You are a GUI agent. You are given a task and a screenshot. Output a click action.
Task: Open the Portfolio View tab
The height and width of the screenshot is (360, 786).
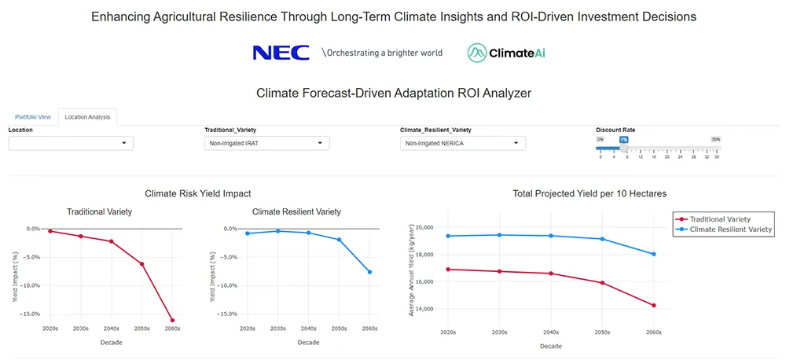point(33,117)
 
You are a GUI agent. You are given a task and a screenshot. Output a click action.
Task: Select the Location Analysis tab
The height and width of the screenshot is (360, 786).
point(87,117)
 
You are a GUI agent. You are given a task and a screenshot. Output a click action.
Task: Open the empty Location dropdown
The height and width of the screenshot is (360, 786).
point(71,143)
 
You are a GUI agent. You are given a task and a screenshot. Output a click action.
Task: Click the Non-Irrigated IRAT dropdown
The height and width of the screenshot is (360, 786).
point(266,143)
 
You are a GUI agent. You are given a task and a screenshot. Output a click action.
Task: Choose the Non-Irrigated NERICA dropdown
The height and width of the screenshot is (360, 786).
point(462,143)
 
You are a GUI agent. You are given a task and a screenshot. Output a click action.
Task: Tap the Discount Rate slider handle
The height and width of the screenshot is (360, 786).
point(624,148)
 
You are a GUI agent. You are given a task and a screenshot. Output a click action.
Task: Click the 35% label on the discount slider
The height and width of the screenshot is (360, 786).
point(715,139)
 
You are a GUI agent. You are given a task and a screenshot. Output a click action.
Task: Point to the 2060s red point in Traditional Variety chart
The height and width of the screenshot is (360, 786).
point(172,320)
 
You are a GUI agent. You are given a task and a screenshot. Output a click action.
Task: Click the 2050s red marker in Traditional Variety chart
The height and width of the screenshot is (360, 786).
point(142,264)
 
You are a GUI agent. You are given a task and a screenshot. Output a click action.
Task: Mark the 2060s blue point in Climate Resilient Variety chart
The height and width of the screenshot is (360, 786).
point(369,272)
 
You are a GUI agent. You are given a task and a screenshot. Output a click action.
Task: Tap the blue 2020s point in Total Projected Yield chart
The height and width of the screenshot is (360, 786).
point(447,236)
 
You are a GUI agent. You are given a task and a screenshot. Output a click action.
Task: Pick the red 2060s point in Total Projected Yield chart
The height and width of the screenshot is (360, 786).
point(653,306)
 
